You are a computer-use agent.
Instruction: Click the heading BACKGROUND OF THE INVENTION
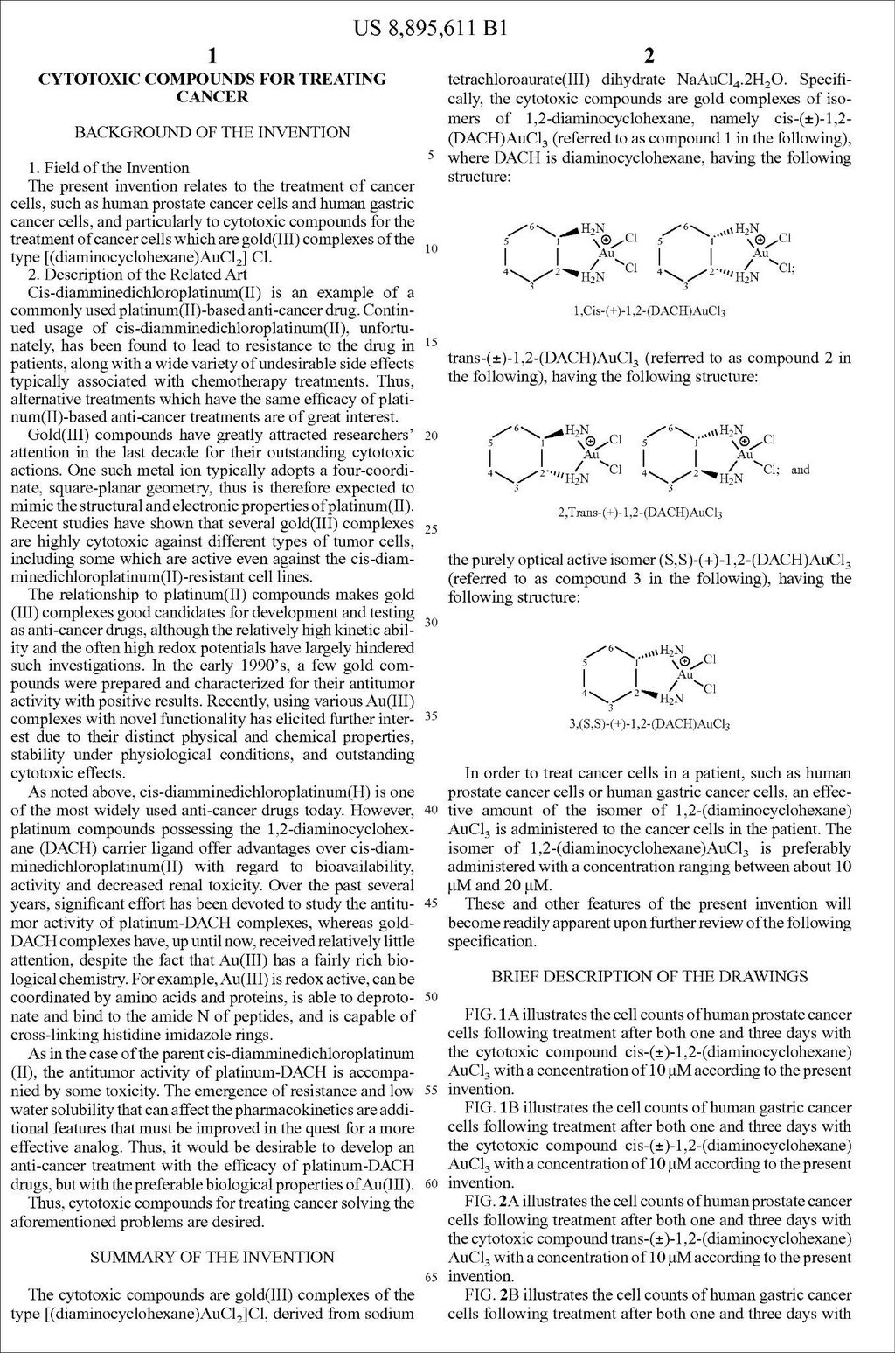[212, 132]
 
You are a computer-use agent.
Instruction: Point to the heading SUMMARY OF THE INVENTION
[212, 1257]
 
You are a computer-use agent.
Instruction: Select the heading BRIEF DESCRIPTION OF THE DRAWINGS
[649, 975]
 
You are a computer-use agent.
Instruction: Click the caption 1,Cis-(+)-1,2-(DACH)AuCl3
[649, 310]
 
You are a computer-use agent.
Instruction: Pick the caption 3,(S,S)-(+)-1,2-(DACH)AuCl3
[649, 724]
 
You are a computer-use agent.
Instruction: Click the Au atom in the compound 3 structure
[685, 675]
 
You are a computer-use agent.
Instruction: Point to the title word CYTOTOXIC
[84, 79]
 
